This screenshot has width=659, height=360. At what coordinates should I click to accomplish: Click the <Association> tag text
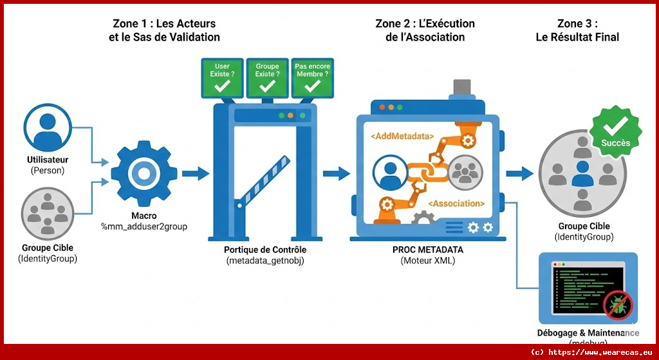click(x=455, y=204)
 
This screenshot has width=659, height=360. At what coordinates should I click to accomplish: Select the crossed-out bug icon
click(x=618, y=304)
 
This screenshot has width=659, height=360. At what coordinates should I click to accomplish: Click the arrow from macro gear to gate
click(x=195, y=173)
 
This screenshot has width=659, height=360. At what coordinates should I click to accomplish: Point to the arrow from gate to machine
click(x=336, y=173)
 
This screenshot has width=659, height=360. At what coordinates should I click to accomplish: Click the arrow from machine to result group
click(x=519, y=173)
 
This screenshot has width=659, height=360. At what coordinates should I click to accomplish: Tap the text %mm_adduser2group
click(x=144, y=227)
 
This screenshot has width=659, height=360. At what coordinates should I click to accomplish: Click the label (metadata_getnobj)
click(x=265, y=260)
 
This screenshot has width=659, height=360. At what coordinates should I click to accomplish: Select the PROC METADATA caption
click(x=427, y=249)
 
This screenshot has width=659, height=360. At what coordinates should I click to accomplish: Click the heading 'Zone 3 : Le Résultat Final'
click(x=577, y=30)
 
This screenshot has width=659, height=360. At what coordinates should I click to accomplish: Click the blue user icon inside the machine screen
click(x=389, y=173)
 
